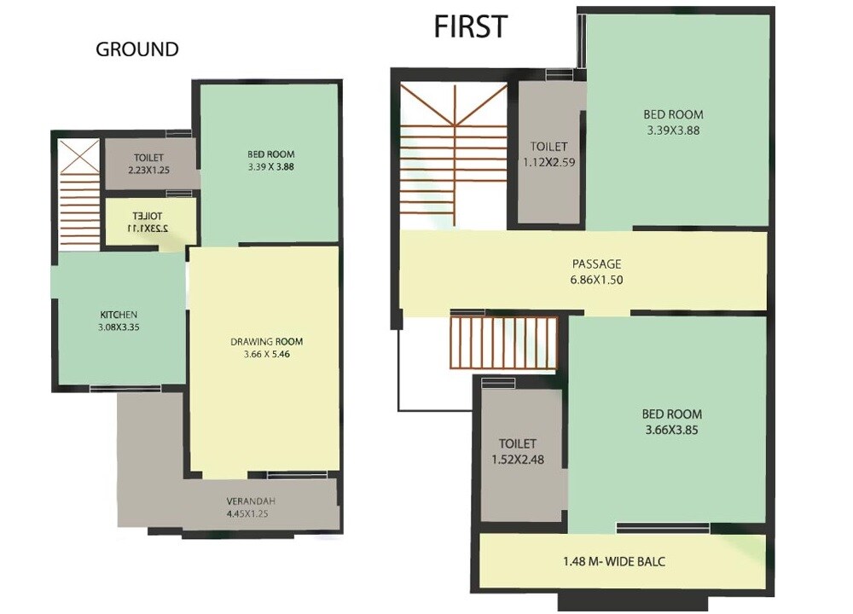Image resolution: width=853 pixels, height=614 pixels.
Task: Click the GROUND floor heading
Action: pos(136,49)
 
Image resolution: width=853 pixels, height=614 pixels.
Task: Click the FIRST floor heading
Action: pos(470,26)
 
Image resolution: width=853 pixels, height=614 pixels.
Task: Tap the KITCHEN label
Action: pos(119,315)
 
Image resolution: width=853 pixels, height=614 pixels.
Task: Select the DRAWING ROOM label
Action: pos(266,342)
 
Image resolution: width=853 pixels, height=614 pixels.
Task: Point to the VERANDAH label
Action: pos(250,501)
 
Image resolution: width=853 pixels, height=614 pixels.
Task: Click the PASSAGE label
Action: pos(596,264)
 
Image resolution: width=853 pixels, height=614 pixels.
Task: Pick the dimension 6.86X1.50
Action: pos(596,280)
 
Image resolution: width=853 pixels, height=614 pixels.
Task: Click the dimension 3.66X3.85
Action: pos(671,431)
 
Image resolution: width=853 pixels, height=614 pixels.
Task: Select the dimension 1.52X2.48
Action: pos(518,460)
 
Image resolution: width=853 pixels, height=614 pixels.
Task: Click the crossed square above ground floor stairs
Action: pos(78,156)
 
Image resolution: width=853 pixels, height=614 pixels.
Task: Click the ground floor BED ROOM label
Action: pos(271,154)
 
